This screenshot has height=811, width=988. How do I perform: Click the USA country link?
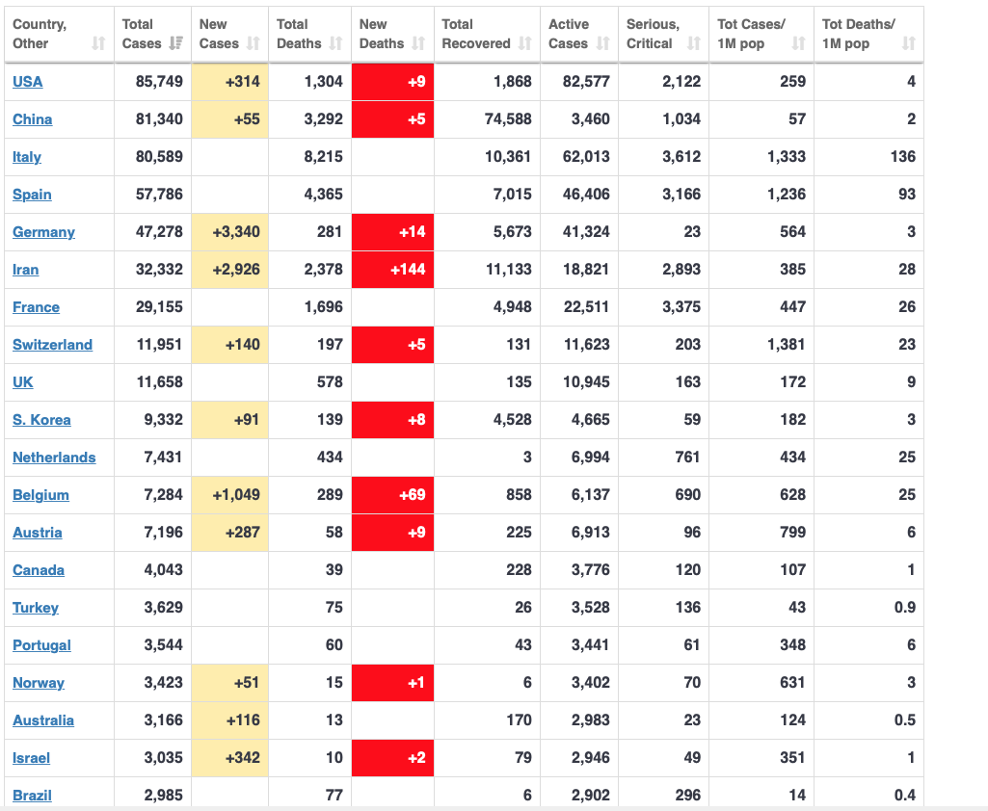tap(28, 82)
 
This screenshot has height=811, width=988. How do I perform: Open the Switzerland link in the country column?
tap(52, 345)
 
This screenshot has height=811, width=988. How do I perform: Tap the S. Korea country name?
tap(41, 420)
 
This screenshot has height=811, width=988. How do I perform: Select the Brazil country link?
tap(32, 796)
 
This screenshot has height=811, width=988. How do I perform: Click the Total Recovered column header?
tap(476, 34)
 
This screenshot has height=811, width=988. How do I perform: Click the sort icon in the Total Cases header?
tap(175, 43)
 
